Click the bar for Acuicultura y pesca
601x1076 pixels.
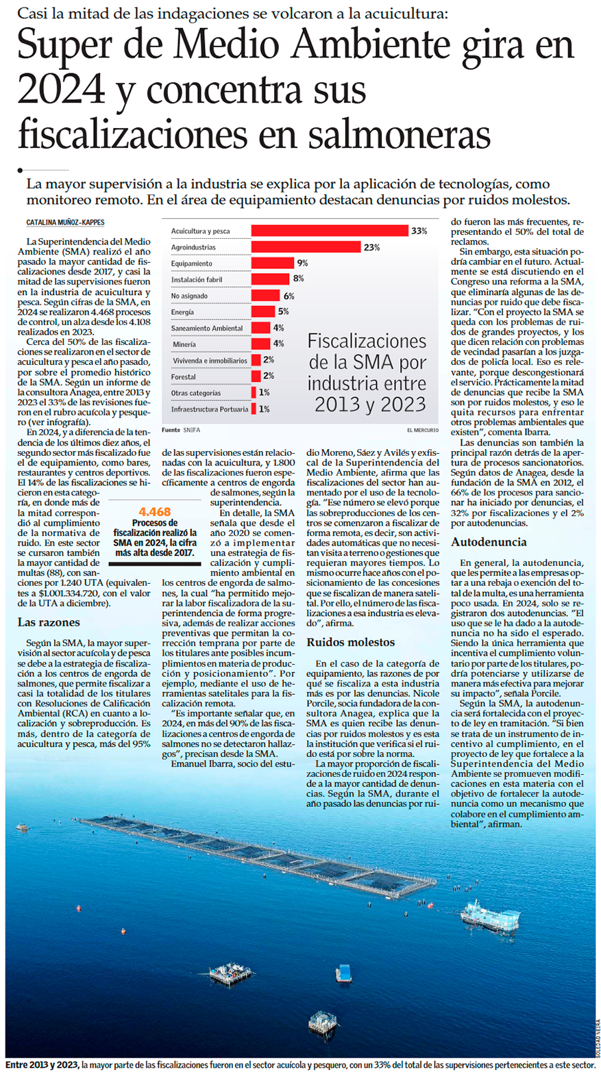pyautogui.click(x=330, y=231)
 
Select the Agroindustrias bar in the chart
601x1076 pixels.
pyautogui.click(x=306, y=247)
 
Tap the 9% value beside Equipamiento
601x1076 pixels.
pyautogui.click(x=302, y=264)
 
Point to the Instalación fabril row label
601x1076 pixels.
pyautogui.click(x=197, y=280)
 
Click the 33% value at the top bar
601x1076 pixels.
pyautogui.click(x=419, y=231)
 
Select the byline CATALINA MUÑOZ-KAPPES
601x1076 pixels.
pyautogui.click(x=65, y=222)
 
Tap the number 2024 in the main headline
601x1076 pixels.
pyautogui.click(x=61, y=89)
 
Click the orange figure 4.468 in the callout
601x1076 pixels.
pyautogui.click(x=154, y=512)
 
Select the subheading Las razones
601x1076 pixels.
pyautogui.click(x=49, y=622)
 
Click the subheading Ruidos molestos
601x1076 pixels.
pyautogui.click(x=350, y=642)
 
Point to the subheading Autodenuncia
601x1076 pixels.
pyautogui.click(x=489, y=542)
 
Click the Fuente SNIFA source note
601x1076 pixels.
pyautogui.click(x=181, y=430)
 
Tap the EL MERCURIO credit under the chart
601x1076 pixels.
pyautogui.click(x=422, y=430)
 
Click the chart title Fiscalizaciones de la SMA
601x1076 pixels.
pyautogui.click(x=367, y=372)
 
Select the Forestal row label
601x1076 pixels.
pyautogui.click(x=184, y=376)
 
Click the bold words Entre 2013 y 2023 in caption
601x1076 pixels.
pyautogui.click(x=42, y=1065)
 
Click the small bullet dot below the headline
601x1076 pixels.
pyautogui.click(x=21, y=170)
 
